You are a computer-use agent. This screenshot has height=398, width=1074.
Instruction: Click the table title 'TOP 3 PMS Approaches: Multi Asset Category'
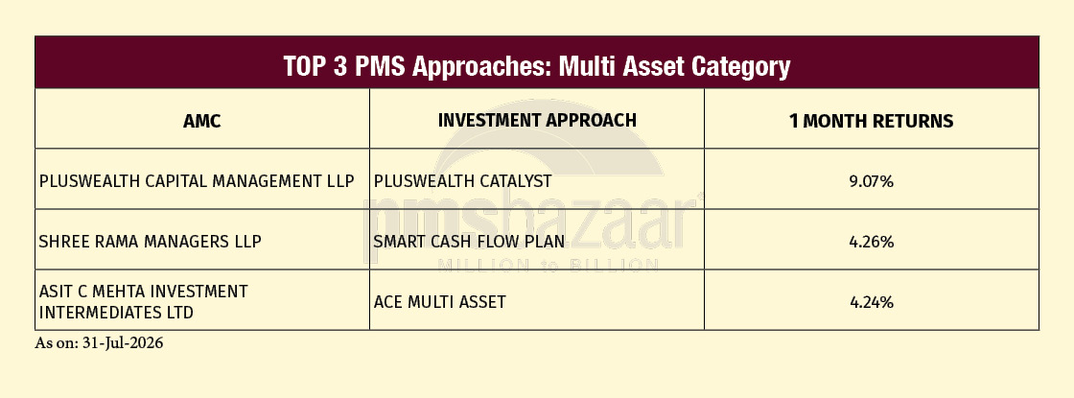[536, 66]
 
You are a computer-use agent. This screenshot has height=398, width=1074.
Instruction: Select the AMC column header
[202, 121]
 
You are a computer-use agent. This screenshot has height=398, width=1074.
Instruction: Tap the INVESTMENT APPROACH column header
[537, 120]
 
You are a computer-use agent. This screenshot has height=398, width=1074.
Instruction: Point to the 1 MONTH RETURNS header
[872, 121]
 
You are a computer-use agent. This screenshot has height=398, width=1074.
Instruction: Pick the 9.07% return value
[872, 181]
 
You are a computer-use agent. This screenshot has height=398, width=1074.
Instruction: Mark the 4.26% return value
[872, 242]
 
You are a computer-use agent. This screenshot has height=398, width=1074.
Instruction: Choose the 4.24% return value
[872, 302]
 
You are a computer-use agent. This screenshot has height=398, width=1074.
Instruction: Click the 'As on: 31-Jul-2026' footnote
[100, 343]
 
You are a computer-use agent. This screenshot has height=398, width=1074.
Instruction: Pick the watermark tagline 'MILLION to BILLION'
[548, 265]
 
